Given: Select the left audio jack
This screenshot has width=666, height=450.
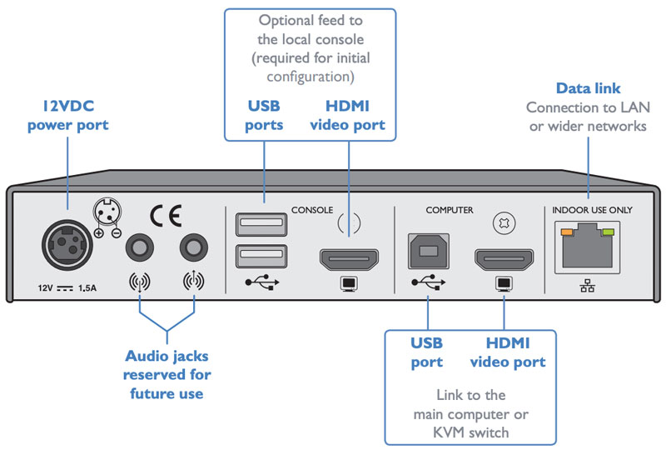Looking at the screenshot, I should pyautogui.click(x=138, y=247).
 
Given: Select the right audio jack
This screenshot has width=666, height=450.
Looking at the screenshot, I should pyautogui.click(x=194, y=247).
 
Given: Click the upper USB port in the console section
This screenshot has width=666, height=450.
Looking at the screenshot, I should pyautogui.click(x=253, y=224).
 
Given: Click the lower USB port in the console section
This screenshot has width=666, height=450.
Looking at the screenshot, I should pyautogui.click(x=253, y=255).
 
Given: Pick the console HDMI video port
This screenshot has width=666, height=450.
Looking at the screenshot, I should pyautogui.click(x=347, y=260).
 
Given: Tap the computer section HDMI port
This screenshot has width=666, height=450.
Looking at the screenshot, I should pyautogui.click(x=504, y=260).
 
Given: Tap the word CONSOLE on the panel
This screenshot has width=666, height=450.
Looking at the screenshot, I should pyautogui.click(x=312, y=210).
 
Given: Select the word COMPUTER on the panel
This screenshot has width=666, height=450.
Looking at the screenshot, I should pyautogui.click(x=450, y=210).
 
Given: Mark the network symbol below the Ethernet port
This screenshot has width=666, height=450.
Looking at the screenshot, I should pyautogui.click(x=589, y=286).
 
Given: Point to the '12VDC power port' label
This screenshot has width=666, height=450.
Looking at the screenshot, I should pyautogui.click(x=67, y=116).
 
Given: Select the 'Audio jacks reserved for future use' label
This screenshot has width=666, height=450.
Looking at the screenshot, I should pyautogui.click(x=166, y=374).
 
